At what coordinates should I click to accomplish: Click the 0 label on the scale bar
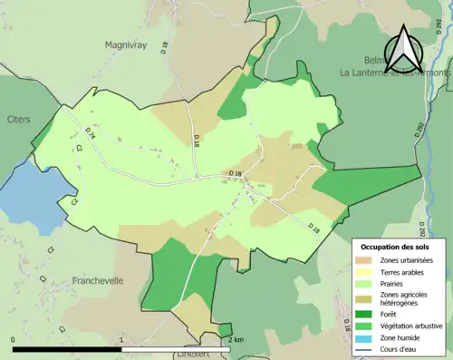(x=13, y=340)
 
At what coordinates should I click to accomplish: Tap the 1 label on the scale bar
(x=121, y=340)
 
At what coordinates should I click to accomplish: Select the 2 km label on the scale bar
(x=236, y=340)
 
